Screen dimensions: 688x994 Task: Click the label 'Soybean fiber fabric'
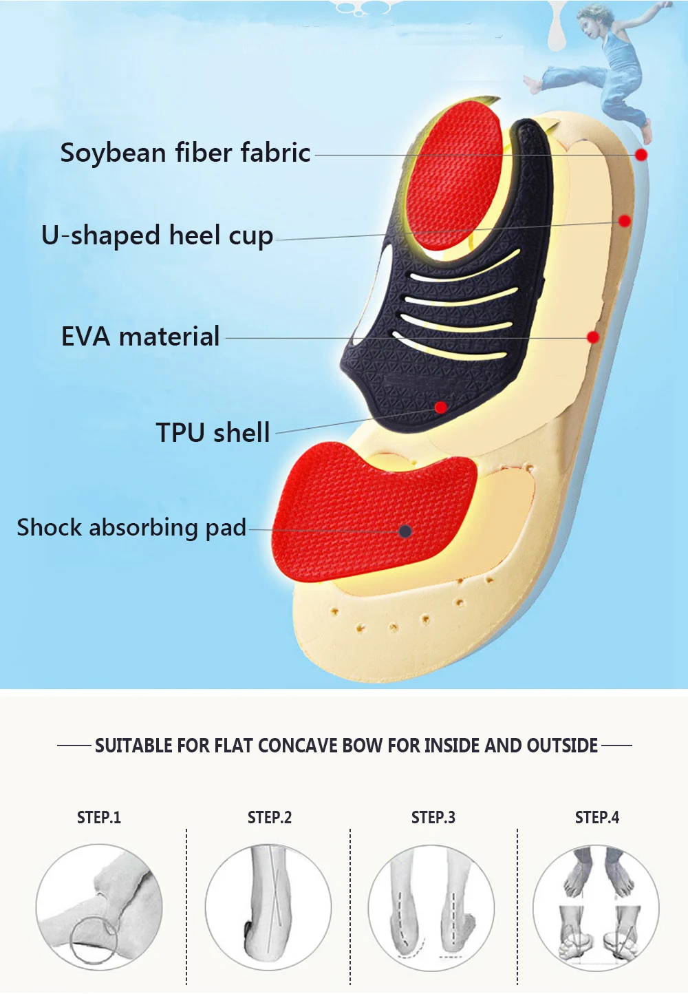186,153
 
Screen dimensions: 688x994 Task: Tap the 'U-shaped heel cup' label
157,235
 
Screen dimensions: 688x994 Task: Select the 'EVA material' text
140,336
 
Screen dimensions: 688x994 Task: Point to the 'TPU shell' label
213,432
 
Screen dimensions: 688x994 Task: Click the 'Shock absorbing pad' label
131,527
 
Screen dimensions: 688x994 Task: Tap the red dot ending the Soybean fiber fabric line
641,154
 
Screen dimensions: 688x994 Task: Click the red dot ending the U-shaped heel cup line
625,220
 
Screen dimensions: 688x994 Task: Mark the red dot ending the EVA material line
593,337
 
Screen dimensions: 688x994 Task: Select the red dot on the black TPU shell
441,407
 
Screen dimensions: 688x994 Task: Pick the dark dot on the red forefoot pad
405,531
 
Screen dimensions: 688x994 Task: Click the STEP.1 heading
99,817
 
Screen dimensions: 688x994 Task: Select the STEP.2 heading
270,817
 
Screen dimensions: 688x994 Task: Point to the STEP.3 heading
433,817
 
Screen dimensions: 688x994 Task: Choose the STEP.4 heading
597,817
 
